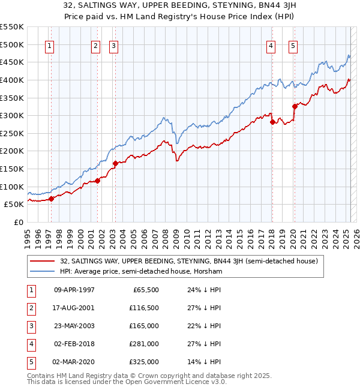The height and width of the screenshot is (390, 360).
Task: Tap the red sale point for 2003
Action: tap(115, 163)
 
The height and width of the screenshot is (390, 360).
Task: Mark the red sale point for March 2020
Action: tap(295, 106)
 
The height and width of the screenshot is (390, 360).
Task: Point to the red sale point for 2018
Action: tap(272, 122)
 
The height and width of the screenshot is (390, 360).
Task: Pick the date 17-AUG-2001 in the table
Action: tap(74, 307)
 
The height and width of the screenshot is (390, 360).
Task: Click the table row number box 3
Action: tap(31, 326)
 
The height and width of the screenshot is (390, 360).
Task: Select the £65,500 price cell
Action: tap(146, 289)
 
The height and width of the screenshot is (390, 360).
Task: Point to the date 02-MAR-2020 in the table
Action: tap(74, 362)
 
